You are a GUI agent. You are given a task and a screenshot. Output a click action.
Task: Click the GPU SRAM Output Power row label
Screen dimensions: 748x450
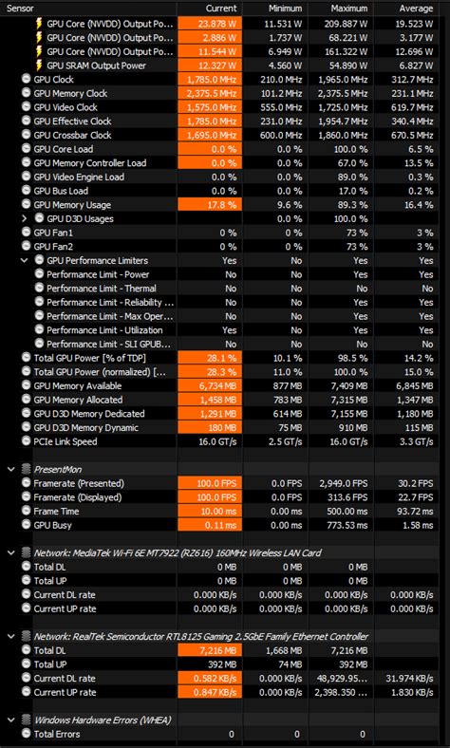tap(96, 65)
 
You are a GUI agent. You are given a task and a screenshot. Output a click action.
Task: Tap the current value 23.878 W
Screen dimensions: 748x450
tap(210, 22)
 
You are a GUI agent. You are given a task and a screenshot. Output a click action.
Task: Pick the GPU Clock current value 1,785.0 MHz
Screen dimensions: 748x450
tap(210, 79)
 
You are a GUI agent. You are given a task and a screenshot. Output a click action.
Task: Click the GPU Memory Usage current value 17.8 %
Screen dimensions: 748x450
tap(210, 205)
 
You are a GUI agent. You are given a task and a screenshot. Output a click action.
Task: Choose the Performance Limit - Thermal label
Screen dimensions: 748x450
tap(102, 289)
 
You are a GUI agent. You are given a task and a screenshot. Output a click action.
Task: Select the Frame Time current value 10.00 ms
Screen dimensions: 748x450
tap(210, 511)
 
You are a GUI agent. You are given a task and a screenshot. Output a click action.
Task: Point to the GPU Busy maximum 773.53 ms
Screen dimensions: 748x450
tap(343, 525)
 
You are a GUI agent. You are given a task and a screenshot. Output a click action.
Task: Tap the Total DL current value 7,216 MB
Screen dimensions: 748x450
tap(210, 650)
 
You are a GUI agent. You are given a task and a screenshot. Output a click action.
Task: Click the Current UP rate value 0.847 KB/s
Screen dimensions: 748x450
tap(210, 692)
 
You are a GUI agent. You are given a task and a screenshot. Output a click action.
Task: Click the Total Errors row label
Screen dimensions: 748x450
tap(57, 734)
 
